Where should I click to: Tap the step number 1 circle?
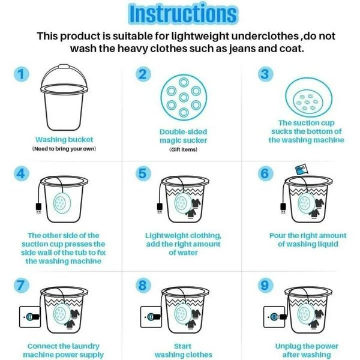(x=22, y=74)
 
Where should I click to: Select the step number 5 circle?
(x=142, y=173)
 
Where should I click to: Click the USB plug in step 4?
(x=38, y=208)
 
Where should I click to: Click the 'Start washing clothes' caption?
(x=183, y=350)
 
